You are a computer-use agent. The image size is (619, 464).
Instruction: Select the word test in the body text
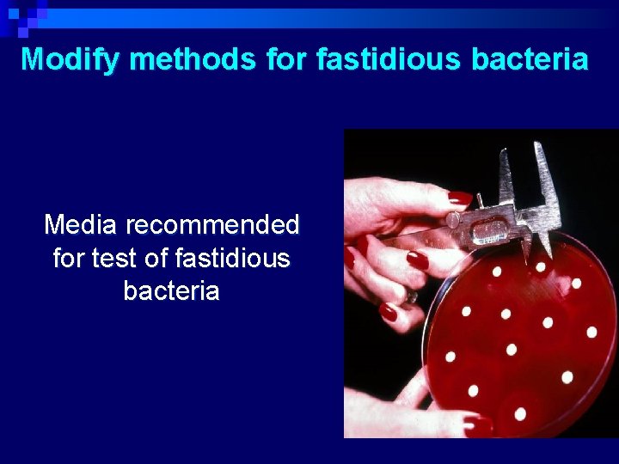[x=133, y=258]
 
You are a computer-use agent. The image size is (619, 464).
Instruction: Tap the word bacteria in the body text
[x=171, y=290]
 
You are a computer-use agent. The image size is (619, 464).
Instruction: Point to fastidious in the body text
[x=238, y=258]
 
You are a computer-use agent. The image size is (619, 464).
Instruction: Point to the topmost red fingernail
[x=460, y=198]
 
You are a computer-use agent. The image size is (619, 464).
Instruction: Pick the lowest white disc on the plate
[x=519, y=413]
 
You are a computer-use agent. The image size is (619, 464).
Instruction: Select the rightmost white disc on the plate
[x=591, y=332]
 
